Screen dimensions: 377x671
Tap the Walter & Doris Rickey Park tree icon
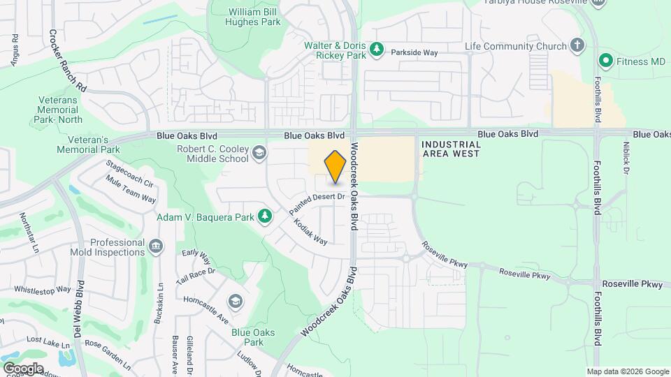377,49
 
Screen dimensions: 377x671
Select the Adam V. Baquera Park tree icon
264,217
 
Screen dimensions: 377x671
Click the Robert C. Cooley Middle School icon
259,153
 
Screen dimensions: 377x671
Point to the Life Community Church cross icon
577,46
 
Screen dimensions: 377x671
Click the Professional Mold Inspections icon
156,246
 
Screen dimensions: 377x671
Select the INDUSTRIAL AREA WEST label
451,149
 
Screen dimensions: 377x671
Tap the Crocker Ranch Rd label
68,61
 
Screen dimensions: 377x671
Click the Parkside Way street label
414,52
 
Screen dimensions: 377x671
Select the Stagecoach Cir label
129,173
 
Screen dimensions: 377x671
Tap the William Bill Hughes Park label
256,17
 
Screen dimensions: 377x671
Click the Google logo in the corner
22,368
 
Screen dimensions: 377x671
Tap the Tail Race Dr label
195,276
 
